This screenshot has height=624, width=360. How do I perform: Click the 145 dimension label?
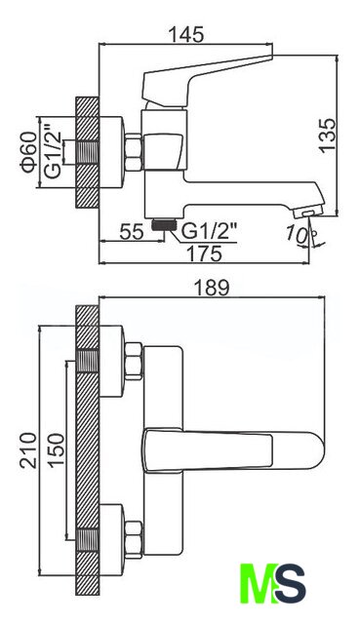186,35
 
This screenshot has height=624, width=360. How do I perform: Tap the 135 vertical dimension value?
328,135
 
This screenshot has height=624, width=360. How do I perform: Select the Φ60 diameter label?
29,152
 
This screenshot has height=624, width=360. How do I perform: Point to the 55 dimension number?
132,232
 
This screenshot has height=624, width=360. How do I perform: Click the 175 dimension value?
205,253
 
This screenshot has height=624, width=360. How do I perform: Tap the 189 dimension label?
212,288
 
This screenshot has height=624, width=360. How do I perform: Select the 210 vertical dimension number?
28,450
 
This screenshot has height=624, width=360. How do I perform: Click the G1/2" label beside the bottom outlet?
209,231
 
